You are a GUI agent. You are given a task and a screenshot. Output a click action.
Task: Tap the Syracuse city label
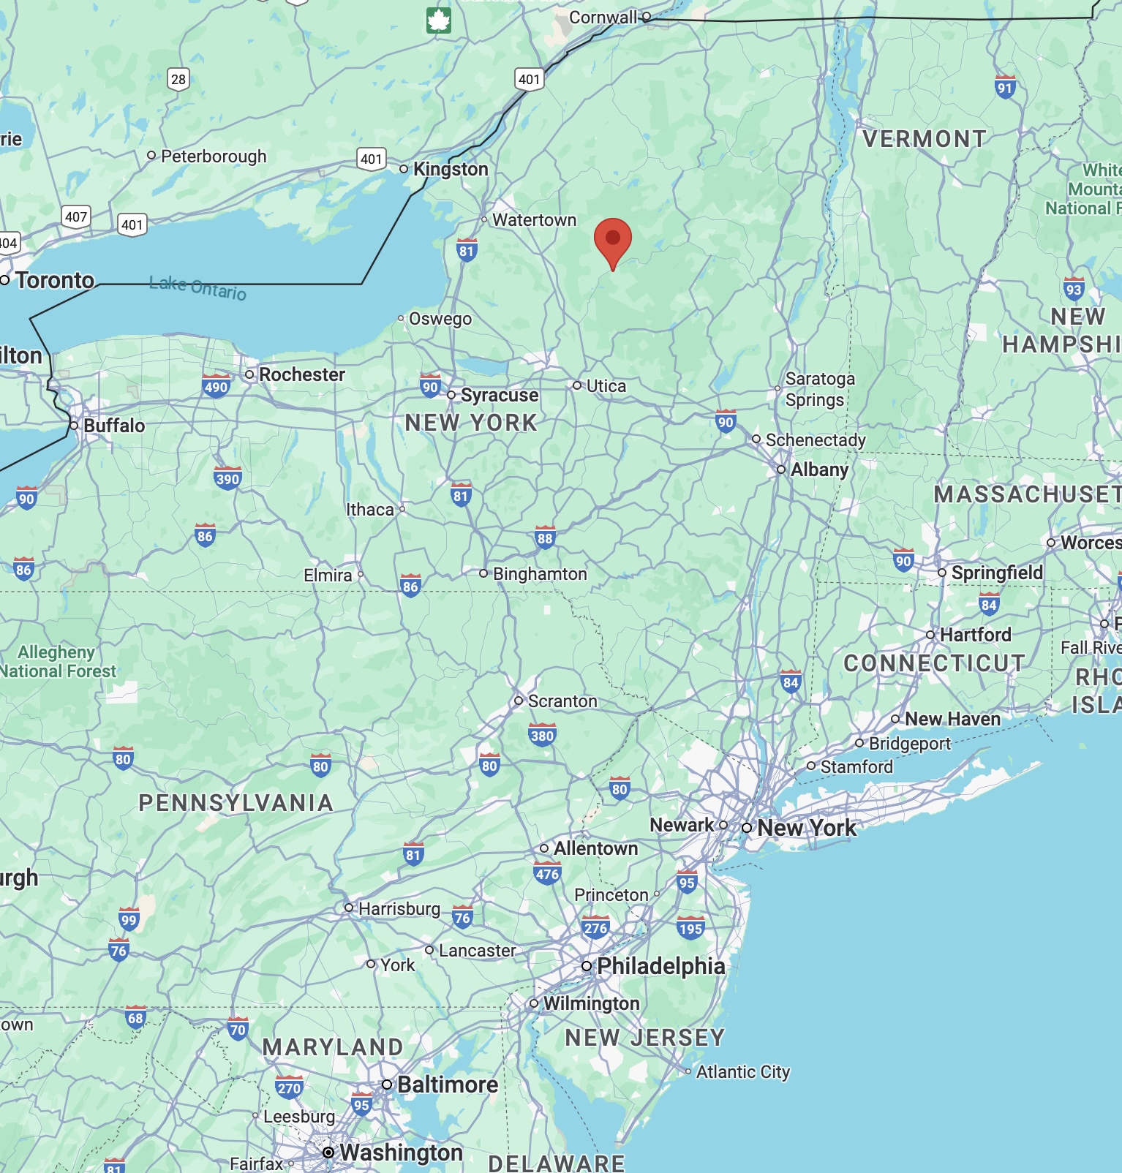499,396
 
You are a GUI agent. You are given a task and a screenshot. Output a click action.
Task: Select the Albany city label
819,469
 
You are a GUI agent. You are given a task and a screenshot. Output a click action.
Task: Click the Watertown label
534,220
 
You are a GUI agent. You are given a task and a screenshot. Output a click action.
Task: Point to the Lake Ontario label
197,288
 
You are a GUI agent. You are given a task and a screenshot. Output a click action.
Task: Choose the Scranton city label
562,701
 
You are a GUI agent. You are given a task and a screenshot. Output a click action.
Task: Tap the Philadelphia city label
660,966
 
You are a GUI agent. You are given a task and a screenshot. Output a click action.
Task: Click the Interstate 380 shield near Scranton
542,735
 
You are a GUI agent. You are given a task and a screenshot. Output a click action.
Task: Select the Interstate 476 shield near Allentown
547,873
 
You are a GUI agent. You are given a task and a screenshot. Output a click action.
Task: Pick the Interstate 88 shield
545,538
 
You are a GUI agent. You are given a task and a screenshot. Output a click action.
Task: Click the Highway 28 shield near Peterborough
178,79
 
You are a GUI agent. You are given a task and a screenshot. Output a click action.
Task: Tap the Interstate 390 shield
227,479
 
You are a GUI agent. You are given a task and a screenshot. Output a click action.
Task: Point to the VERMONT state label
925,139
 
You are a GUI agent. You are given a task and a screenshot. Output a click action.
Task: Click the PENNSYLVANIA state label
236,803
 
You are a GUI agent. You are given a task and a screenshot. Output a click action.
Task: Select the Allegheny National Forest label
57,662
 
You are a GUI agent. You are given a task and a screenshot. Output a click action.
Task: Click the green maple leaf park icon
439,20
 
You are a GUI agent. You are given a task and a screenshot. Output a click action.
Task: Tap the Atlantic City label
742,1072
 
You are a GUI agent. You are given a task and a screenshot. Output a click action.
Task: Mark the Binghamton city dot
483,574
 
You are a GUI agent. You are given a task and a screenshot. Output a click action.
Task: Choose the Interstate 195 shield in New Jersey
690,929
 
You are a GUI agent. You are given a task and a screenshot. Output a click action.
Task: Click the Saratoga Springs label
819,389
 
